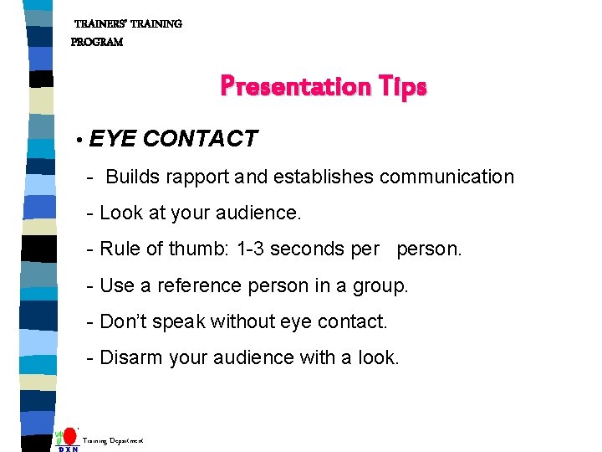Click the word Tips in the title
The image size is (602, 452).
pyautogui.click(x=400, y=87)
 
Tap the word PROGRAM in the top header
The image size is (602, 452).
pyautogui.click(x=97, y=42)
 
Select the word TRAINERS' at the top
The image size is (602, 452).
pyautogui.click(x=104, y=24)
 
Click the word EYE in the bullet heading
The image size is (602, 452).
pyautogui.click(x=111, y=139)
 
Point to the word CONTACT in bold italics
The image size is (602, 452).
pyautogui.click(x=201, y=139)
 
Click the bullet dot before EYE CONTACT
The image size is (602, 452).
pyautogui.click(x=77, y=140)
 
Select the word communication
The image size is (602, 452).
pyautogui.click(x=446, y=177)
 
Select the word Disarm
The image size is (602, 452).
pyautogui.click(x=130, y=357)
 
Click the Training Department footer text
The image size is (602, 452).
pyautogui.click(x=113, y=440)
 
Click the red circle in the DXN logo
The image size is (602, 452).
pyautogui.click(x=70, y=437)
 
